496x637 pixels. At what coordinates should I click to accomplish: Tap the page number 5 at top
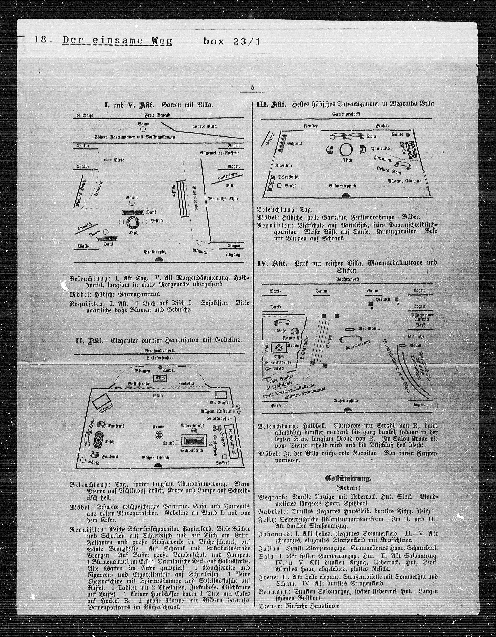coord(252,88)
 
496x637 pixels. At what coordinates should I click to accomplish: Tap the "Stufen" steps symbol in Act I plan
coord(183,198)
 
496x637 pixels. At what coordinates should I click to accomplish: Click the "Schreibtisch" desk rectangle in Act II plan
coord(194,439)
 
